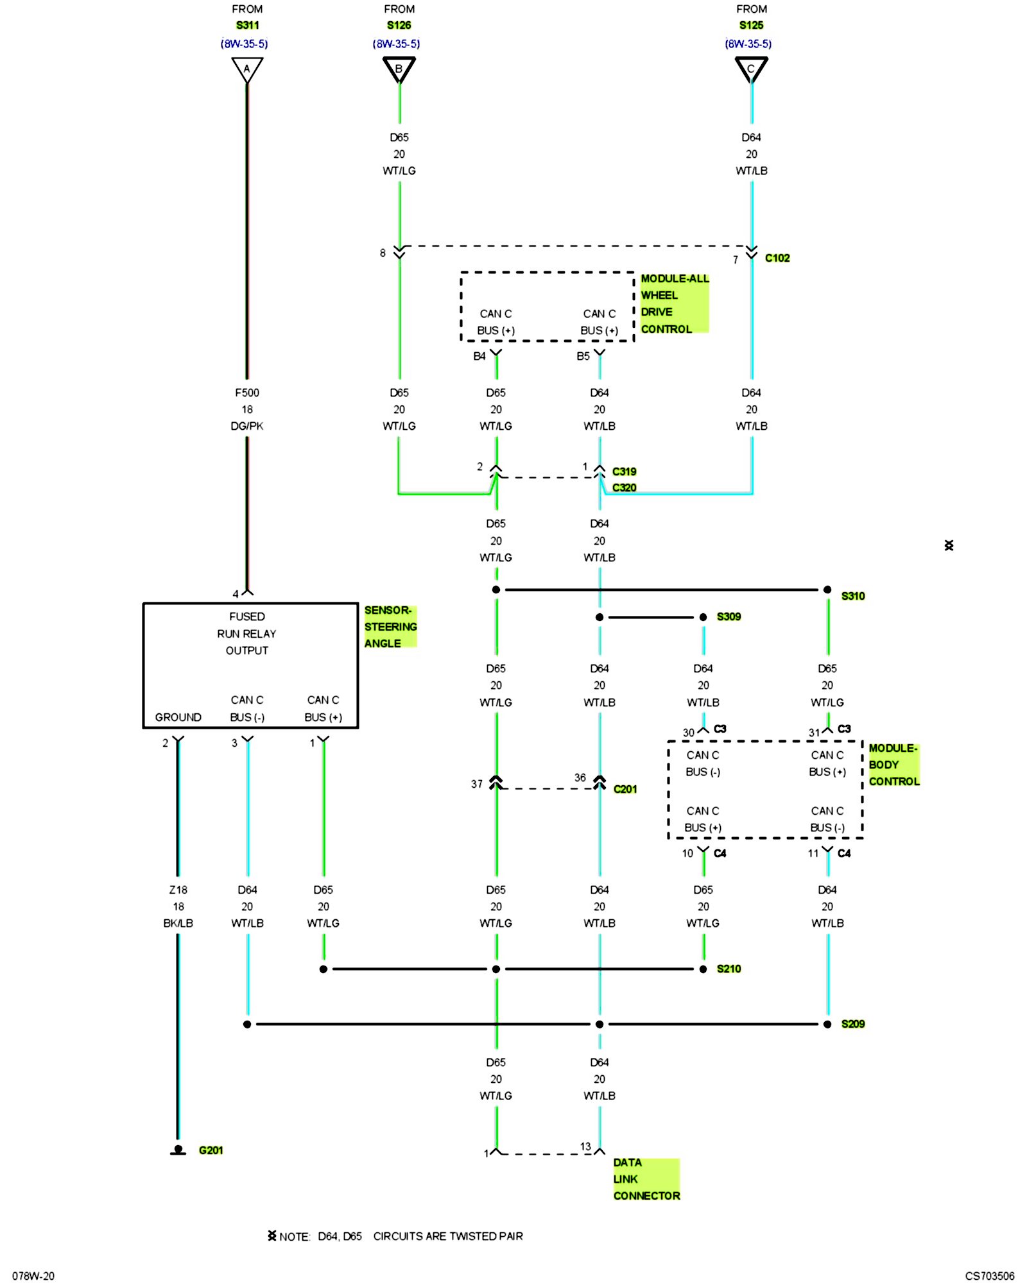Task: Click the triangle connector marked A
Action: (x=247, y=69)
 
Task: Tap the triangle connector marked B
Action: (x=399, y=69)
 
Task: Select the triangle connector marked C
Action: (x=751, y=69)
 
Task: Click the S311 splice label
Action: (x=247, y=25)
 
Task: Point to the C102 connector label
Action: (x=777, y=258)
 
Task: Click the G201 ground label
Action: (x=211, y=1150)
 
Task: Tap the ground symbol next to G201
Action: (x=178, y=1150)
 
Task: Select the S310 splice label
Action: (x=853, y=596)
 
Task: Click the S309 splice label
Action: (x=729, y=616)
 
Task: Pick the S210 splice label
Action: (x=729, y=969)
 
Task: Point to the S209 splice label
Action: (x=853, y=1024)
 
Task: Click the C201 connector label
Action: (x=625, y=789)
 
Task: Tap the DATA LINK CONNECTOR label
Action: (x=646, y=1179)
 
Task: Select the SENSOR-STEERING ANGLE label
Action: (x=390, y=627)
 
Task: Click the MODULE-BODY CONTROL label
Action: (x=893, y=765)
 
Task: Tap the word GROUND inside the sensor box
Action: (x=178, y=717)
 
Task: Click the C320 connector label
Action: (x=624, y=488)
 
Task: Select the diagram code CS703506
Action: (x=989, y=1276)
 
